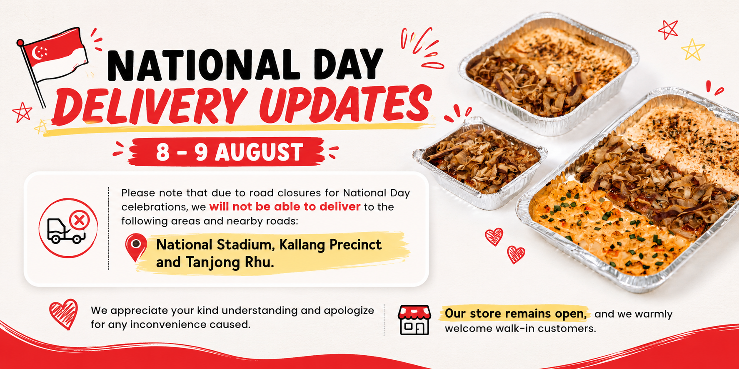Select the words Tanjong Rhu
tap(230, 263)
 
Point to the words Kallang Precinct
tap(330, 245)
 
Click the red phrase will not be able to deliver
tap(285, 207)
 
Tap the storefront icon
tap(414, 320)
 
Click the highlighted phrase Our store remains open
tap(516, 314)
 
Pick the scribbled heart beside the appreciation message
tap(64, 314)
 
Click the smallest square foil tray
tap(480, 163)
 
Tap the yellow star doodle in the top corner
tap(693, 50)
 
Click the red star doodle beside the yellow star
tap(668, 30)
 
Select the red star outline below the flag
tap(22, 112)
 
